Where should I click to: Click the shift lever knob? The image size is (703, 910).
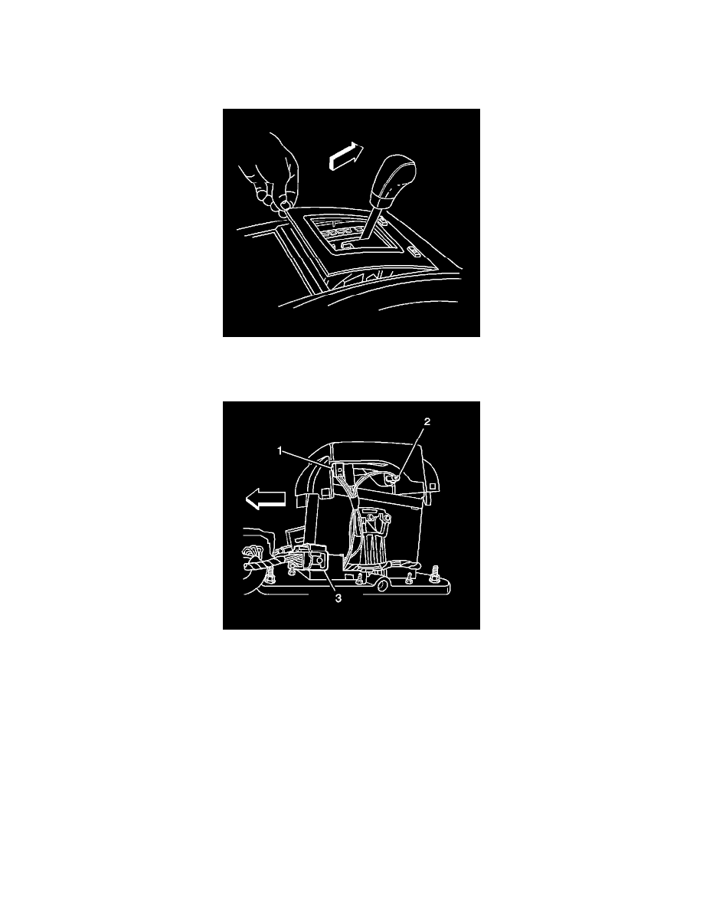pyautogui.click(x=395, y=181)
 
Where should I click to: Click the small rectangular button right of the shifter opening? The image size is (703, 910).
pyautogui.click(x=415, y=251)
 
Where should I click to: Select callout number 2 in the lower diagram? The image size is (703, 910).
pyautogui.click(x=427, y=422)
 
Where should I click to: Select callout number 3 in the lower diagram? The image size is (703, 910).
pyautogui.click(x=338, y=598)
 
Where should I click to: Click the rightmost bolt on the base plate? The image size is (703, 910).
pyautogui.click(x=434, y=578)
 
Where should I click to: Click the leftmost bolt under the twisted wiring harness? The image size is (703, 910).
pyautogui.click(x=268, y=578)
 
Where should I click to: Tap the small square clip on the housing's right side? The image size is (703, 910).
pyautogui.click(x=433, y=484)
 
